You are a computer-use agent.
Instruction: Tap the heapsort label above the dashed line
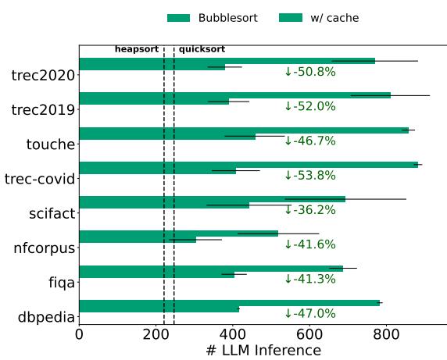click(x=137, y=49)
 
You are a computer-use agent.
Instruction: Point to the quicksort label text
click(x=202, y=49)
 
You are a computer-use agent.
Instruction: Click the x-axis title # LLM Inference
click(x=263, y=351)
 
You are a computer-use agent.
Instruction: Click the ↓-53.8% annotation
click(x=309, y=175)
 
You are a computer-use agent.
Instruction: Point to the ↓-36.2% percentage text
click(x=309, y=210)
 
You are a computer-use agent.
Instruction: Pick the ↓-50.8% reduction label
click(x=309, y=72)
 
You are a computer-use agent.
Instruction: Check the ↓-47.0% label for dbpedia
click(x=309, y=313)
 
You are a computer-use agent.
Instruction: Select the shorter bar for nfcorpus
click(x=138, y=240)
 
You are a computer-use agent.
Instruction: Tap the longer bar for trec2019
click(x=234, y=95)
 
